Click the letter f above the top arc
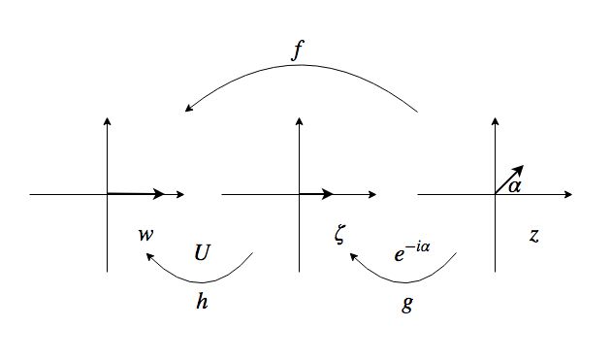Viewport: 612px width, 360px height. point(298,50)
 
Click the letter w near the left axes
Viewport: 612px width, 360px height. point(146,235)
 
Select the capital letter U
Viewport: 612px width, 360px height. point(202,252)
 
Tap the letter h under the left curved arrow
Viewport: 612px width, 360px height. point(202,301)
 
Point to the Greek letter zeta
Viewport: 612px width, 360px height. point(339,235)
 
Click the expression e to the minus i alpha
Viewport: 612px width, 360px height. point(412,252)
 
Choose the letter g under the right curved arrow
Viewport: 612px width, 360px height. point(406,304)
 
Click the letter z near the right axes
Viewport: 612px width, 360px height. point(534,236)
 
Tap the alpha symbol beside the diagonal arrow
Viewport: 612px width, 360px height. point(515,186)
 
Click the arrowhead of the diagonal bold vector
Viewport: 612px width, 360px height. point(518,170)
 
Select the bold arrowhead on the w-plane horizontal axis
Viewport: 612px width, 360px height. point(158,194)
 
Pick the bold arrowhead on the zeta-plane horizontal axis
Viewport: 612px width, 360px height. point(327,194)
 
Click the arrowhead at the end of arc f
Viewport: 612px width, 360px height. point(189,108)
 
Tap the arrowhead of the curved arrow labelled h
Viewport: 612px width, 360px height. point(149,256)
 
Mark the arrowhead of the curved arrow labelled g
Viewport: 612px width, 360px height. point(353,256)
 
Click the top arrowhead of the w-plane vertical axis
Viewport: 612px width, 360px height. point(107,121)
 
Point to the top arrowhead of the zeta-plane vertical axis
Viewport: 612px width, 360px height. point(300,121)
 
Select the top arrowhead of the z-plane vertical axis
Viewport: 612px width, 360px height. point(496,121)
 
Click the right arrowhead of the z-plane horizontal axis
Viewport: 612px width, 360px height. point(568,194)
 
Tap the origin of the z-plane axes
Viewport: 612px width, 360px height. point(496,194)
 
